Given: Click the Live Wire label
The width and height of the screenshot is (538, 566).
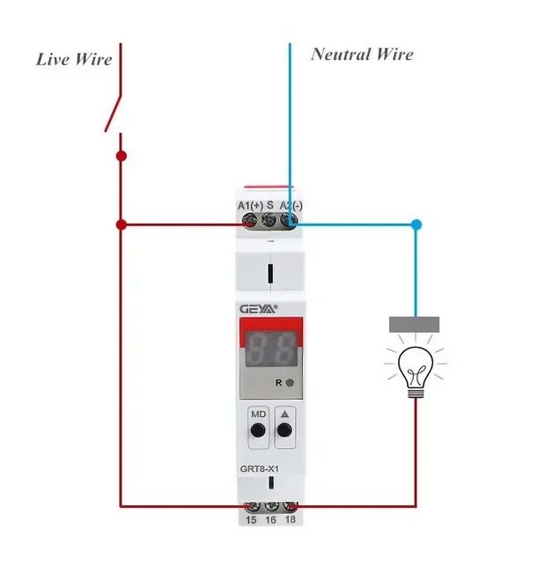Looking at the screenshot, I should coord(74,60).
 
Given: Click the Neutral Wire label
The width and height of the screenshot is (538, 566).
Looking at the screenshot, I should coord(362,55).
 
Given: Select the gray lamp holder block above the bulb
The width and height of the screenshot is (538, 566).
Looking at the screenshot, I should coord(414,325).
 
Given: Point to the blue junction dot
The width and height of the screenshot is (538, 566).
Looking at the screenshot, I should coord(416,224).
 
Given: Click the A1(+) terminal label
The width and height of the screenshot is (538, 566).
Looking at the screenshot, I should coord(250,205).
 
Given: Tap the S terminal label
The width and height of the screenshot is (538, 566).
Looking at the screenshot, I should coord(270,205).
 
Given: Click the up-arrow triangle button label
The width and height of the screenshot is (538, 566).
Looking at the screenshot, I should coord(284,413).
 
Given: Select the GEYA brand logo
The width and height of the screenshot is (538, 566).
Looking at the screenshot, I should coord(257,308).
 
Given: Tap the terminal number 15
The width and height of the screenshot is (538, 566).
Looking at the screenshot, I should coord(251,521).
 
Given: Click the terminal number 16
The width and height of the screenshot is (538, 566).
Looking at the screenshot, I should coord(270,521).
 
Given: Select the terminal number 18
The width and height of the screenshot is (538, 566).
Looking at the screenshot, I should coord(290,521).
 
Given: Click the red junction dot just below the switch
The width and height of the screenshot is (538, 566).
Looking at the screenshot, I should coord(122,156).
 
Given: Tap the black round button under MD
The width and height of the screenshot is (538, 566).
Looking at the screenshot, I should coord(258,430).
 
